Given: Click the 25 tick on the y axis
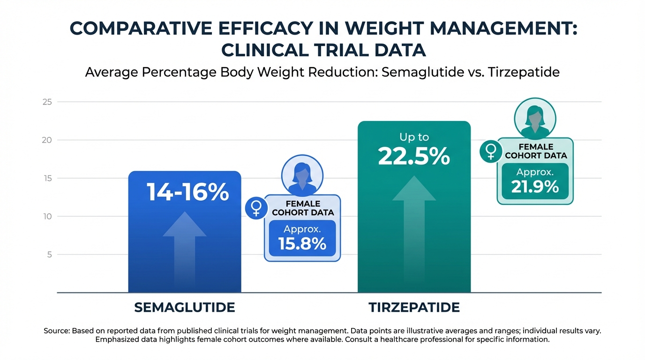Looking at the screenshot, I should click(x=47, y=102).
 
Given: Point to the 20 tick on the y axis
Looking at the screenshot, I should click(x=47, y=140).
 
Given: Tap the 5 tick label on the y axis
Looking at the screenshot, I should click(x=48, y=255).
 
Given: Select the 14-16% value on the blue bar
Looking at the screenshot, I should click(x=187, y=192).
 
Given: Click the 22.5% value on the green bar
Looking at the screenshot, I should click(x=413, y=156).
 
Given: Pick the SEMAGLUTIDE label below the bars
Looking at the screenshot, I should click(x=184, y=307).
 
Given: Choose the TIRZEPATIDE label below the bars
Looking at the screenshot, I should click(x=414, y=307).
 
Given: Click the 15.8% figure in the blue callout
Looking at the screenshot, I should click(x=302, y=244).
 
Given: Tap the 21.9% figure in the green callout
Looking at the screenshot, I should click(x=535, y=187).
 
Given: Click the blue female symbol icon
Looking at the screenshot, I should click(x=256, y=208).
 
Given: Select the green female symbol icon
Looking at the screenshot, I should click(x=491, y=151).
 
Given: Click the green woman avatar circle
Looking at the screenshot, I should click(x=535, y=118).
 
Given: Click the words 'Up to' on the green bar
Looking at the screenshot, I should click(x=414, y=137).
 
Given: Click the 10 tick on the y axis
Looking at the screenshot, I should click(x=47, y=217).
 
